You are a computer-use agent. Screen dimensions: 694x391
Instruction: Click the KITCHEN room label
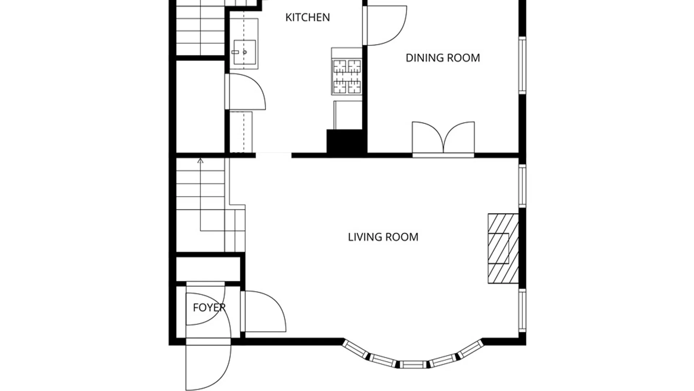tap(308, 17)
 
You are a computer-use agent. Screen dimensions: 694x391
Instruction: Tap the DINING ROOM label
tap(443, 58)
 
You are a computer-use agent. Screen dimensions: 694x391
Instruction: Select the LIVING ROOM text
tap(383, 237)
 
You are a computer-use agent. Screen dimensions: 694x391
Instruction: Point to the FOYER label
tap(209, 308)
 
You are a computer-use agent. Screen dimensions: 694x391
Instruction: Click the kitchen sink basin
tap(245, 52)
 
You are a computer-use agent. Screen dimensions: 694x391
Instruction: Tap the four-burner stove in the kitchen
tap(347, 77)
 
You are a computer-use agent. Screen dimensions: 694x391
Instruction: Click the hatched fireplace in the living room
tap(503, 248)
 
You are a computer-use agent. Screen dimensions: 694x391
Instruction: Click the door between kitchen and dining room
tap(385, 25)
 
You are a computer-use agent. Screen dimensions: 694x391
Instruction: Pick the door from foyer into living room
tap(264, 311)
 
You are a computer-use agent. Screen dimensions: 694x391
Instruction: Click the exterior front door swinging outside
tap(208, 366)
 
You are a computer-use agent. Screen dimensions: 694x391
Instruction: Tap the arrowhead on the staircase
tap(200, 160)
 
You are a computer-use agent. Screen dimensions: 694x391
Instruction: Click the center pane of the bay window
tap(413, 365)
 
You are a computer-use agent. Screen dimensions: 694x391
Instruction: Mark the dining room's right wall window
tap(522, 66)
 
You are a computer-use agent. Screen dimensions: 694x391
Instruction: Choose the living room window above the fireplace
tap(522, 186)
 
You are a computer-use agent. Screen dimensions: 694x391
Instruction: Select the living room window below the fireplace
tap(522, 310)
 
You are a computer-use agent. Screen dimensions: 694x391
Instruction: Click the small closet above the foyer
tap(208, 269)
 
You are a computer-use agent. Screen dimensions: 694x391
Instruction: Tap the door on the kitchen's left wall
tap(246, 92)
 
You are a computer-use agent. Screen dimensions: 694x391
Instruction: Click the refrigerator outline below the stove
tap(348, 115)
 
